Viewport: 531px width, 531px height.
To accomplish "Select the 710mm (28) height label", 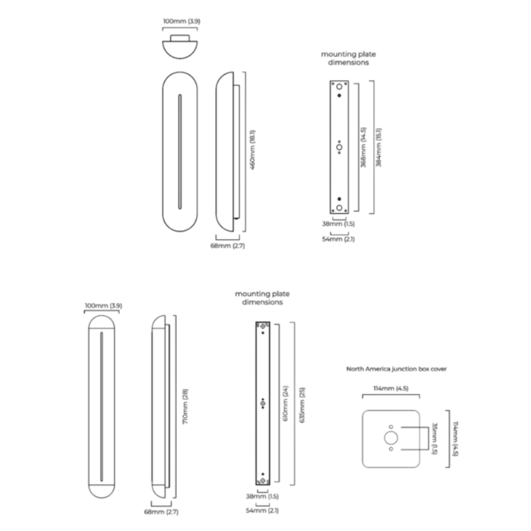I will [x=185, y=407].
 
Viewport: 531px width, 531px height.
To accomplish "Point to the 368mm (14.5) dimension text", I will [x=364, y=147].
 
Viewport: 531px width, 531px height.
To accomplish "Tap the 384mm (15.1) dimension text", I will [x=379, y=147].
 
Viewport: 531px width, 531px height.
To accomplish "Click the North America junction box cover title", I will [x=396, y=369].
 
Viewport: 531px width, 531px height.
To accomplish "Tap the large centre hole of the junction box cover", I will [x=391, y=438].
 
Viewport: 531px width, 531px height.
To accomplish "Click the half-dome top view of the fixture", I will [x=180, y=48].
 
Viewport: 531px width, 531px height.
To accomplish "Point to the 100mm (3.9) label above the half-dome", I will [x=181, y=22].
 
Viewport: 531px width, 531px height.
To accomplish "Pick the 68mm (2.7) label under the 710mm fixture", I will [x=161, y=512].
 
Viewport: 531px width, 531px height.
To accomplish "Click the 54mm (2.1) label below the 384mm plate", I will [x=339, y=239].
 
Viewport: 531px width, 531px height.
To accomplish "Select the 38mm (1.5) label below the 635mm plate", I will [x=263, y=497].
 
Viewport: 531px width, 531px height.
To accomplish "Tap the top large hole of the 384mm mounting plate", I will [x=339, y=87].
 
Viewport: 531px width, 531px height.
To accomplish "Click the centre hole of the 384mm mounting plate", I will [x=339, y=147].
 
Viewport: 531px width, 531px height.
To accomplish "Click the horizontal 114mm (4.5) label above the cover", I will [x=391, y=388].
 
